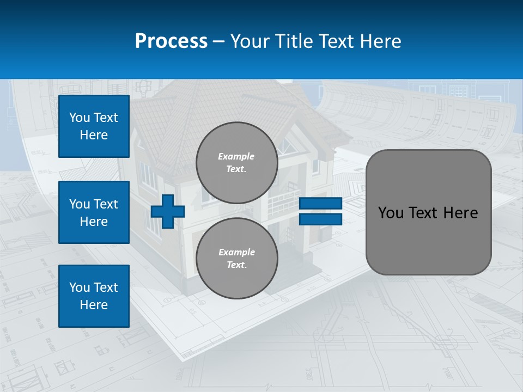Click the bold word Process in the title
pos(171,41)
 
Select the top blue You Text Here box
pos(94,126)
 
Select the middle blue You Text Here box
pos(94,212)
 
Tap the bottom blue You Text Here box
pos(94,296)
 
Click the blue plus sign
pos(168,211)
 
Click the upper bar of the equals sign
pos(320,204)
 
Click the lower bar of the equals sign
pos(320,219)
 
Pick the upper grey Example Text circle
pos(236,163)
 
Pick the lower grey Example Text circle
pos(236,258)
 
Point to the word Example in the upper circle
pos(236,156)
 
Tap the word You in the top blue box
pos(79,118)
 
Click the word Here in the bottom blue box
pos(94,305)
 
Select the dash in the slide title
pos(219,41)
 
